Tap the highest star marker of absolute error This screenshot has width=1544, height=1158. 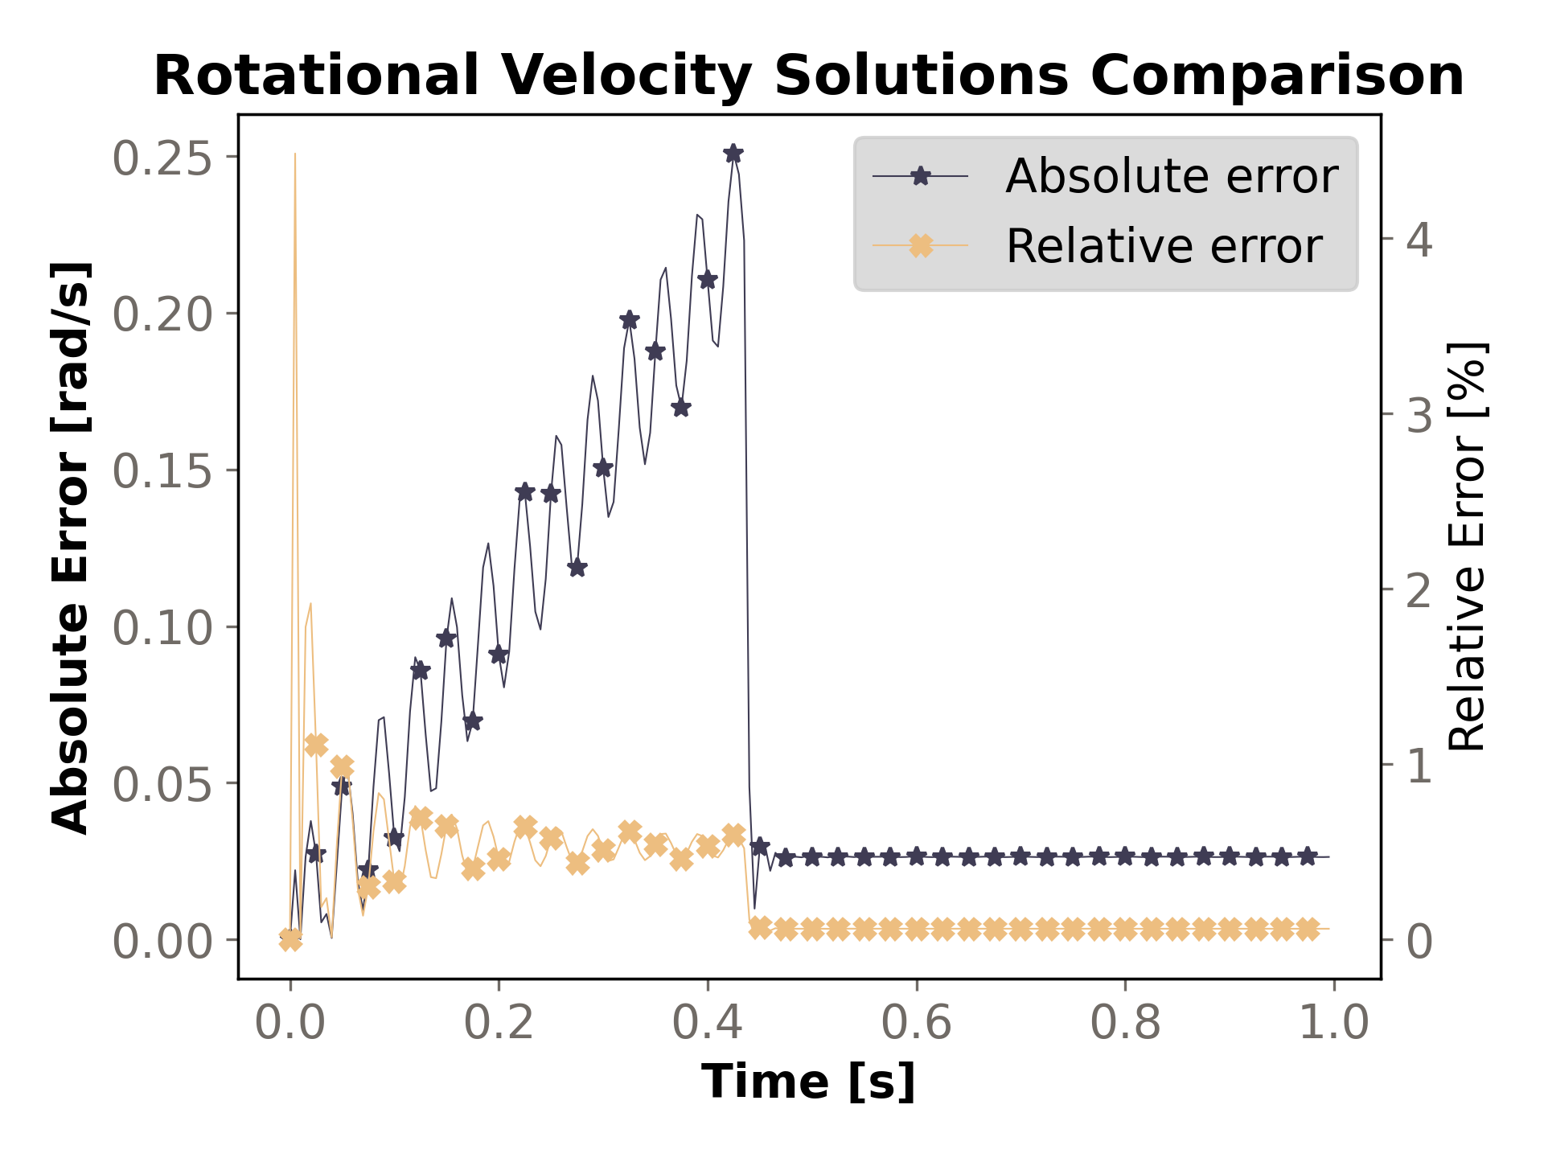733,153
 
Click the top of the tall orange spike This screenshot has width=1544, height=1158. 295,154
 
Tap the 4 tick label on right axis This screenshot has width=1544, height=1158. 1419,240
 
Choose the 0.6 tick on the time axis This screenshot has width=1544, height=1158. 916,1025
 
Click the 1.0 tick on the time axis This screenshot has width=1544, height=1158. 1334,1025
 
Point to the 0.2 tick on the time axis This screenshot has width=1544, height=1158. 499,1025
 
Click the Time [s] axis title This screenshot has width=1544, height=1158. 808,1082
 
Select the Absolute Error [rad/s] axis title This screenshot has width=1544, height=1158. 71,547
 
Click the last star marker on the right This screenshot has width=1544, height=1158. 1308,856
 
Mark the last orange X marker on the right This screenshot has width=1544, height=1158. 1308,929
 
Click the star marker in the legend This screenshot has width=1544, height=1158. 921,176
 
